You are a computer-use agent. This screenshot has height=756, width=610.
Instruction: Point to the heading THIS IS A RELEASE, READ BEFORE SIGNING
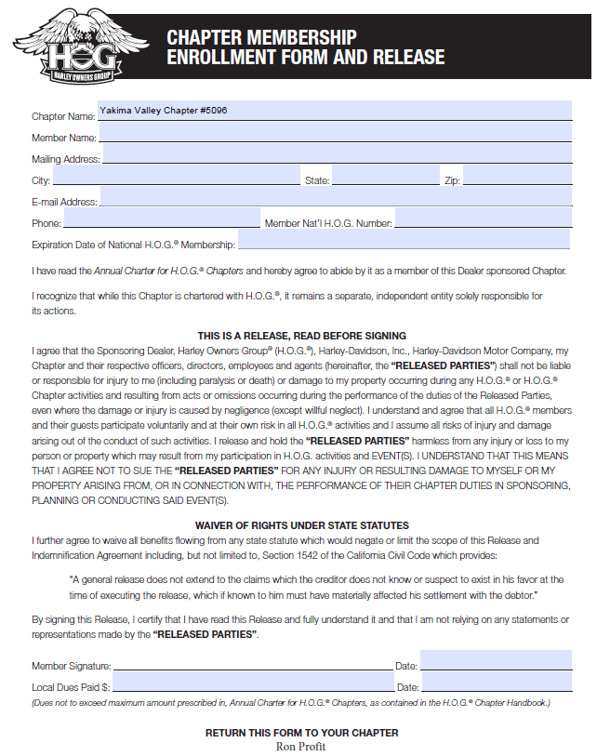pos(302,336)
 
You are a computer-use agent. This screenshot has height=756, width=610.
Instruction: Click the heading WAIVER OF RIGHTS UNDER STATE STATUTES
pos(302,525)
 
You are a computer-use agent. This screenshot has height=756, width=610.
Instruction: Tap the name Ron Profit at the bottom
pos(301,746)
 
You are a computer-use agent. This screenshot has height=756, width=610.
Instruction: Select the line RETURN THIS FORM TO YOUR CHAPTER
pos(301,733)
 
